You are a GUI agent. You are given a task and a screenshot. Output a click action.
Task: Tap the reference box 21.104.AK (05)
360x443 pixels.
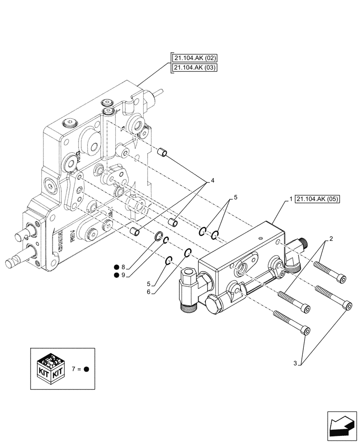click(x=316, y=199)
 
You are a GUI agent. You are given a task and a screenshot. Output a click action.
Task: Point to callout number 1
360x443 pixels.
click(x=290, y=199)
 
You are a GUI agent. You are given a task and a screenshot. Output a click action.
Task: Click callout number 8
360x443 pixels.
click(x=123, y=267)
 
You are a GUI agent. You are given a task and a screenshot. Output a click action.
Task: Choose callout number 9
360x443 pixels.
click(x=123, y=276)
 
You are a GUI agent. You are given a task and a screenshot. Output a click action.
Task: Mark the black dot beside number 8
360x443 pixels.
click(x=116, y=267)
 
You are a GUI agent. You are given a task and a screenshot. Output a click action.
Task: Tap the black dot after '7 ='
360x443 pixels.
click(x=86, y=369)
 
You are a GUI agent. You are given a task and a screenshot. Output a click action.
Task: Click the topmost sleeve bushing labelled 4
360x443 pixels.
click(x=163, y=154)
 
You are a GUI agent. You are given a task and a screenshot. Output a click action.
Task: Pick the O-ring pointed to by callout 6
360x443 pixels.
click(x=188, y=253)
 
